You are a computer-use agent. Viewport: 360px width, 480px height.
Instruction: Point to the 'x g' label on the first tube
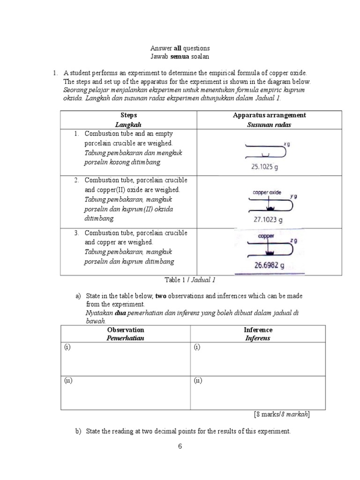(x=287, y=145)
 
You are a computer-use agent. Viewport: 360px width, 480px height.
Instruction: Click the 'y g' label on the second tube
(x=293, y=196)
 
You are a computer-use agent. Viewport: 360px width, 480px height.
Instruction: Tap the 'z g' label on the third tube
(x=293, y=240)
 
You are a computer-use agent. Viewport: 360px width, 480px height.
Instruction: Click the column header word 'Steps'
(x=128, y=115)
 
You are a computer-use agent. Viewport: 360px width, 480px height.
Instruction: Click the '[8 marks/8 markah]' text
(x=281, y=414)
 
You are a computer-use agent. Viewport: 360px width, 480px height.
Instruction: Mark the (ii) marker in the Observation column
(x=68, y=381)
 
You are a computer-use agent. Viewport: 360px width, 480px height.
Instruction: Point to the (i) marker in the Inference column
(x=197, y=347)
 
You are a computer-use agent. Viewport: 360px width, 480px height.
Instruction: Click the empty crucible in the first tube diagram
(x=264, y=154)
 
